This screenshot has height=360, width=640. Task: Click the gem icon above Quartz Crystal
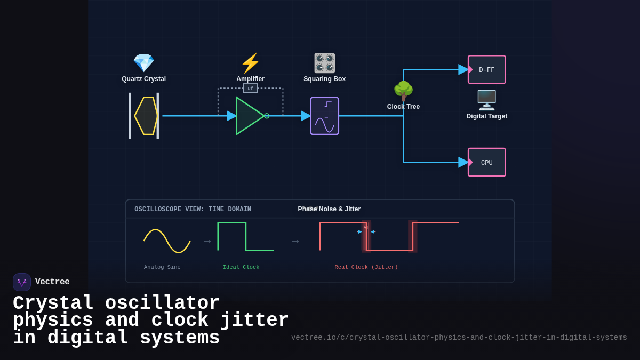point(143,63)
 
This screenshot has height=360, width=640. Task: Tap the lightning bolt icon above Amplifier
point(250,63)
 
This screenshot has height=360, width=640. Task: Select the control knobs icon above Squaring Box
point(324,63)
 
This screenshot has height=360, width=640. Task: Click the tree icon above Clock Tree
point(403,91)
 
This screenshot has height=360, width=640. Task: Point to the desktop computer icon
point(486,100)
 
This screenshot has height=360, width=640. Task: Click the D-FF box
point(487,70)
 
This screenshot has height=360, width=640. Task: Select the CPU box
point(487,163)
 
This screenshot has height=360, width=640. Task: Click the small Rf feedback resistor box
point(250,89)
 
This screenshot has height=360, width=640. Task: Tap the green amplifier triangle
point(249,116)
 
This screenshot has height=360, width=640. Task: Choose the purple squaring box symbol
point(324,116)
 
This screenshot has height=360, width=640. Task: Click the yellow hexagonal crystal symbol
point(146,116)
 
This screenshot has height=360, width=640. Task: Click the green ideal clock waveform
point(245,236)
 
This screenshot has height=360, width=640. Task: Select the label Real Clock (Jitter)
point(366,267)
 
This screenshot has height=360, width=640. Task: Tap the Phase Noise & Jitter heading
point(329,209)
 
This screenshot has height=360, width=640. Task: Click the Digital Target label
point(486,116)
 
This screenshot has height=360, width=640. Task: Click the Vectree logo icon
point(22,282)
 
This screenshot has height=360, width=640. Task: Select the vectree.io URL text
point(459,338)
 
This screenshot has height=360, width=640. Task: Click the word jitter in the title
point(254,321)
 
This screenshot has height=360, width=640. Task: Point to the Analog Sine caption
point(162,267)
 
